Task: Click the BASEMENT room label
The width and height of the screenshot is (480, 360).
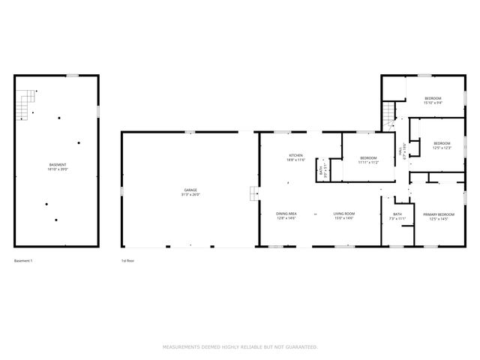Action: coord(57,163)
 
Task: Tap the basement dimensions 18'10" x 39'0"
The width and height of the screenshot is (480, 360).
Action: coord(57,169)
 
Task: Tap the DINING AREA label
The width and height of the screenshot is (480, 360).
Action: coord(286,213)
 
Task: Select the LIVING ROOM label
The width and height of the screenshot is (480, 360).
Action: coord(343,213)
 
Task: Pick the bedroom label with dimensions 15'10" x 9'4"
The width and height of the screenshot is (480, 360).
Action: coord(433,99)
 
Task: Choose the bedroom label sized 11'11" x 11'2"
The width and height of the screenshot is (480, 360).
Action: coord(367,157)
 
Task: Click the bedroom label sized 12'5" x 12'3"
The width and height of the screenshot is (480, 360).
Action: coord(442,142)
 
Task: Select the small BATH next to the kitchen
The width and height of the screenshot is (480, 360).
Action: coord(321,171)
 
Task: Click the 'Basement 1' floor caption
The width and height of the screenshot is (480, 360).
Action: coord(24,261)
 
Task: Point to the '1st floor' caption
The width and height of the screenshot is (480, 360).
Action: coord(127,261)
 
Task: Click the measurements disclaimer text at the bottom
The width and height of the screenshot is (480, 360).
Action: coord(240,346)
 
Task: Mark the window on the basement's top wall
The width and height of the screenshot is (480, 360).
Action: coord(73,75)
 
